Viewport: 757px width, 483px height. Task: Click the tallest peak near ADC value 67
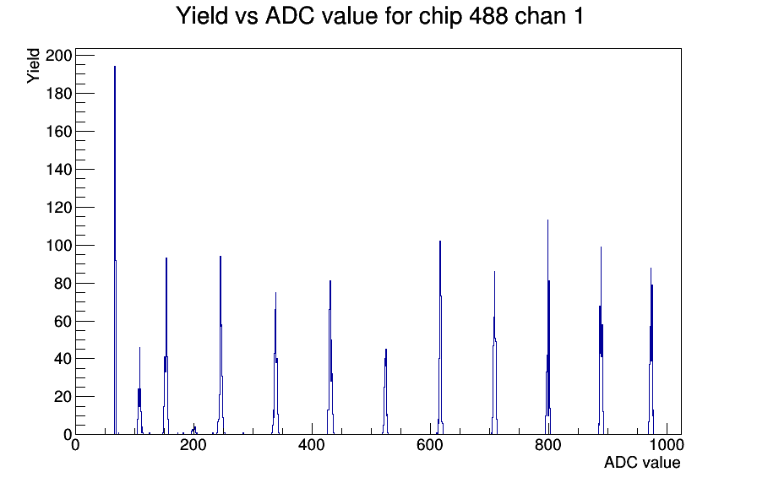(x=115, y=251)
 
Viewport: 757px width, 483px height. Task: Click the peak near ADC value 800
(x=548, y=328)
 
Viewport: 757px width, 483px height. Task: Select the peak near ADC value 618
(x=440, y=338)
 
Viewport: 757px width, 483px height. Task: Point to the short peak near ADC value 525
(x=386, y=392)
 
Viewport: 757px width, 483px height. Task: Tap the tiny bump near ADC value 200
(x=194, y=430)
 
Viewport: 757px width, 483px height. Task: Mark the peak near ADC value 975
(x=651, y=351)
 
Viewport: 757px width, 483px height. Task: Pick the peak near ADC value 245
(x=221, y=345)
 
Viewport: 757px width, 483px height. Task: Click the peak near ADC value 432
(x=330, y=357)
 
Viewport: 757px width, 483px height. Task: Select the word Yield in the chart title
(x=202, y=16)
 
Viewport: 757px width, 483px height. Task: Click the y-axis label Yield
(x=33, y=66)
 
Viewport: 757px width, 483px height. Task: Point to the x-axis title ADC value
(x=642, y=462)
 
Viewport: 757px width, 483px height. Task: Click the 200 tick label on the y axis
(x=58, y=56)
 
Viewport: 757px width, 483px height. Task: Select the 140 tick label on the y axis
(x=58, y=170)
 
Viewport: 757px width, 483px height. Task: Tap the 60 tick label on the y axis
(x=63, y=322)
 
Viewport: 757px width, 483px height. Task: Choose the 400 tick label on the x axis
(x=312, y=445)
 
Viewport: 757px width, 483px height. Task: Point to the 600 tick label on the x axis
(x=430, y=445)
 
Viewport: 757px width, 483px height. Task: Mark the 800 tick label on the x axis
(x=548, y=445)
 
